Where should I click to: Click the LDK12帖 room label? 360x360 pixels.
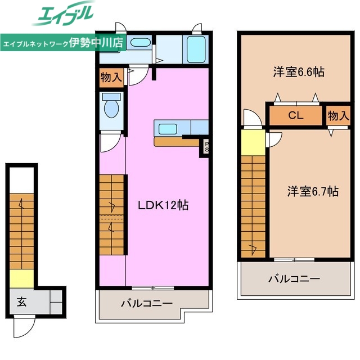(x=163, y=206)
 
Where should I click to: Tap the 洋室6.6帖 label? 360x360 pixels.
(x=299, y=72)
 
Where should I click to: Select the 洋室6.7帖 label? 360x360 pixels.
(x=313, y=191)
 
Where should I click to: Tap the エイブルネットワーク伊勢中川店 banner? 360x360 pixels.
(x=63, y=42)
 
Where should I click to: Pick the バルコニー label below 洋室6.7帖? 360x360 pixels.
(x=294, y=278)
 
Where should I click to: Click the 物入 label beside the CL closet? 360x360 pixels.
(x=338, y=116)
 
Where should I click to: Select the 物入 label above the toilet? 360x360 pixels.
(x=111, y=77)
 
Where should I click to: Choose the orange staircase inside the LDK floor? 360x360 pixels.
(x=112, y=214)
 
